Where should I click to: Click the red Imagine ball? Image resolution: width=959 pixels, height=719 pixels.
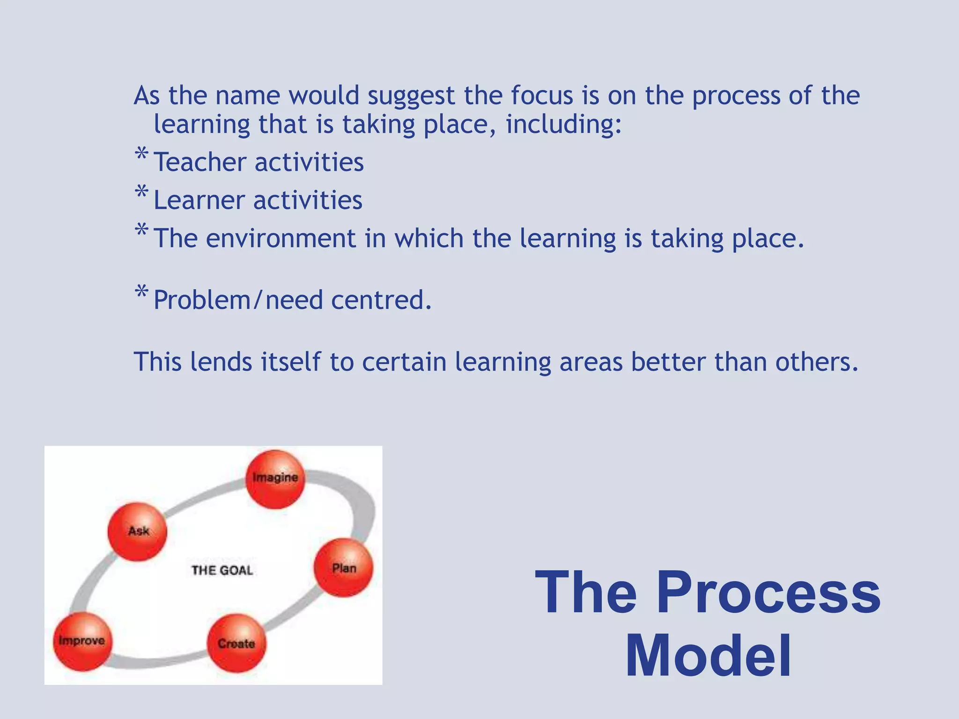pos(275,479)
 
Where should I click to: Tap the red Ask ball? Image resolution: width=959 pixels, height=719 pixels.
pos(137,532)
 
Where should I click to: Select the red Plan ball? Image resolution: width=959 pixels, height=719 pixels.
pos(344,568)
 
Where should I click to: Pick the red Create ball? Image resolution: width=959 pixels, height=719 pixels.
pos(236,643)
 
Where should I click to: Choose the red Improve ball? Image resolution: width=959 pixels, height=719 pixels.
pos(82,641)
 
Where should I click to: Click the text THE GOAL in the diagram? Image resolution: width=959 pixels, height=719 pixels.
pos(222,570)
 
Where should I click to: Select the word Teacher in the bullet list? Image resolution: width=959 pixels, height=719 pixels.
pos(200,162)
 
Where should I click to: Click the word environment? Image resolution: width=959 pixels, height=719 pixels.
pos(281,238)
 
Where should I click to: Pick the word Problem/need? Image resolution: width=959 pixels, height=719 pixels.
pos(238,300)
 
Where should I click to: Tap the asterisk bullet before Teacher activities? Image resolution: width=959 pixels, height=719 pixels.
pos(141,154)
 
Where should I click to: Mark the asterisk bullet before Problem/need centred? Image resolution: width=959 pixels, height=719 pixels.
pos(141,292)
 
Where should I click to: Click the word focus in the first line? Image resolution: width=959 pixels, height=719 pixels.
pos(542,95)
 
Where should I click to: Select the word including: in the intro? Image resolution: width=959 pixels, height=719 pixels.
pos(564,125)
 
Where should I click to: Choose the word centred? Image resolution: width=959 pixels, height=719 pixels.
pos(381,300)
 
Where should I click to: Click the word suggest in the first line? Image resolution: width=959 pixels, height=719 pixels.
pos(411,96)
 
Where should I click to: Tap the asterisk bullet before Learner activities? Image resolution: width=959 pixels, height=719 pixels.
pos(141,192)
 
